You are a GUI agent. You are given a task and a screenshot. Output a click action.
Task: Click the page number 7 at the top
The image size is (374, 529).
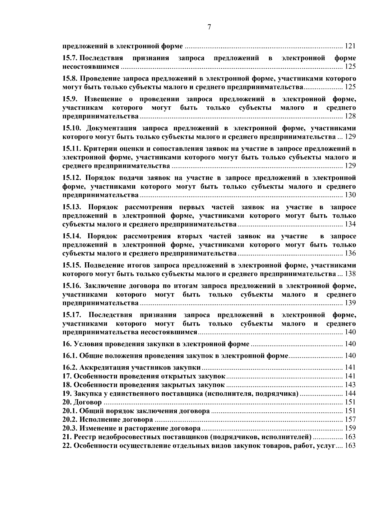tap(209, 27)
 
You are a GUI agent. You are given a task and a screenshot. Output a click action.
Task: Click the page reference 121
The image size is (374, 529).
tap(350, 46)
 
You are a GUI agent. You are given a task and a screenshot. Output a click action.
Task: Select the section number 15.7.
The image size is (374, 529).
tap(70, 58)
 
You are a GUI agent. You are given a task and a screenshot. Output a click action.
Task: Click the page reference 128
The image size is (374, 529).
tap(350, 116)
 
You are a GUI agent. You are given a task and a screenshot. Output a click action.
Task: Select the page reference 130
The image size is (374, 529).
tap(350, 195)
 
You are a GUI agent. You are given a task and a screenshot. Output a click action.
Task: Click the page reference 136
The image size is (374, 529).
tap(350, 253)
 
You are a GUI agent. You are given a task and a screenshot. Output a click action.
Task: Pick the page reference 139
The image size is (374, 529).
tap(350, 303)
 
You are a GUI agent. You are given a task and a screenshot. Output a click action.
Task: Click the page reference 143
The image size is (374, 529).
tap(350, 385)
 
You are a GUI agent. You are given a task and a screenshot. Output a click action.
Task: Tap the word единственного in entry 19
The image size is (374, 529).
tap(127, 394)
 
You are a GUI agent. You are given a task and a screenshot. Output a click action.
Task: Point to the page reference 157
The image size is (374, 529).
tap(350, 420)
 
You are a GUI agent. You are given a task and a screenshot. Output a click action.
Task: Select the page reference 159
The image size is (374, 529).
tap(350, 428)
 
